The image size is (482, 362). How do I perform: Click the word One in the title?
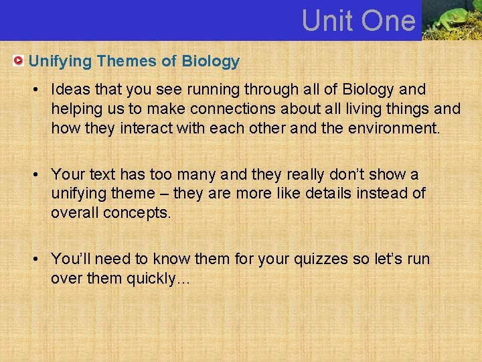388,21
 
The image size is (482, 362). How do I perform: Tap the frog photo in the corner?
452,20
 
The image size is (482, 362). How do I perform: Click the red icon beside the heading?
19,62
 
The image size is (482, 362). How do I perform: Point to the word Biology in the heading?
210,62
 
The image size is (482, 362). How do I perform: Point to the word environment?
396,128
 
